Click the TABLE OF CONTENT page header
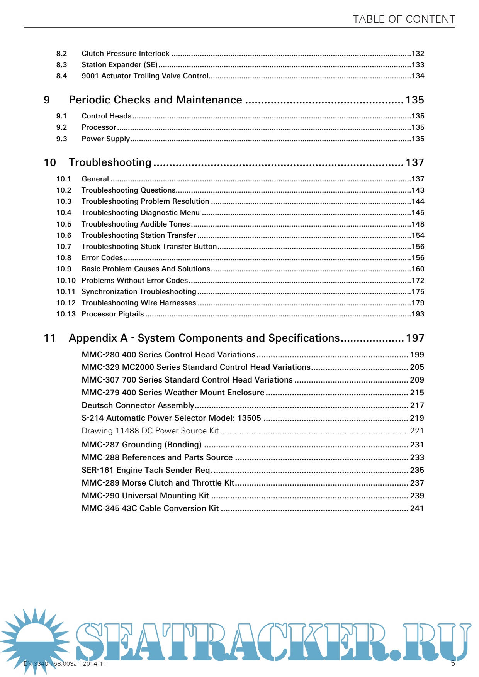tap(404, 19)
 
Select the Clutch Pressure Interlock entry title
tap(125, 54)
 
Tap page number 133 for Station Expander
tap(418, 65)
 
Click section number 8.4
tap(61, 76)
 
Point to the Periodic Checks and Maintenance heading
tap(155, 100)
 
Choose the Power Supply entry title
tap(105, 139)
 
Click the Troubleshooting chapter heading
tap(110, 162)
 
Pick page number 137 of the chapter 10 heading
tap(415, 162)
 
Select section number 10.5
tap(64, 224)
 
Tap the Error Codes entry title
tap(102, 258)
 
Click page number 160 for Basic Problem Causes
tap(418, 269)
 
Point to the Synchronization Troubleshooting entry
tap(139, 292)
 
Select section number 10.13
tap(66, 314)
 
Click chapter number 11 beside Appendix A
tap(50, 338)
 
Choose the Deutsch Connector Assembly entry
tap(138, 405)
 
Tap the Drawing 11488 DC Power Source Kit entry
tap(150, 431)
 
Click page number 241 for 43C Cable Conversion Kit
tap(417, 508)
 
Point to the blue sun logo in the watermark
tap(35, 639)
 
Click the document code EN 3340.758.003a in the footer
tap(50, 664)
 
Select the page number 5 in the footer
tap(453, 663)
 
